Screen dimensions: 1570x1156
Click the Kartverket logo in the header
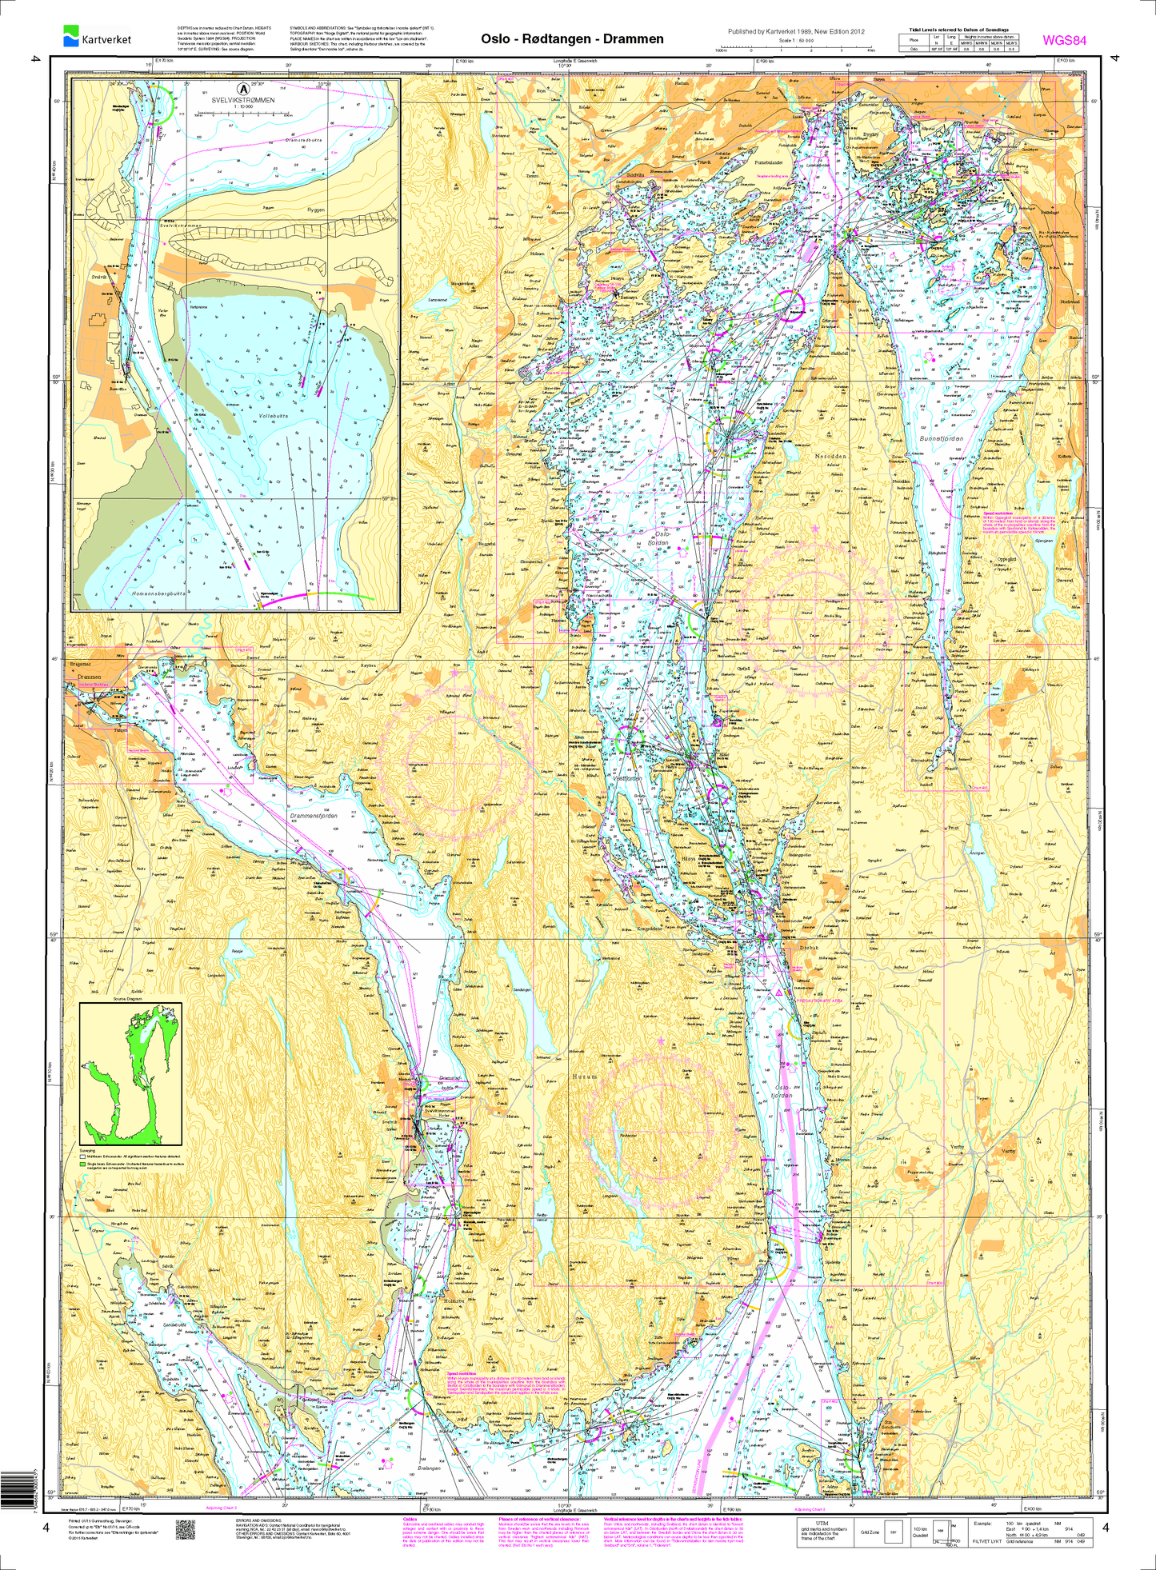coord(97,37)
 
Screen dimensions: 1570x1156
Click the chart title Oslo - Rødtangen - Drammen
coord(572,39)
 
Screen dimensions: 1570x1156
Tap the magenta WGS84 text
coord(1064,41)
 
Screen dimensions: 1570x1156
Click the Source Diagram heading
coord(127,999)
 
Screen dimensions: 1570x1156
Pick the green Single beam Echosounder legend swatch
coord(82,1165)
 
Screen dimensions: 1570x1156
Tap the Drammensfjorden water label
coord(314,817)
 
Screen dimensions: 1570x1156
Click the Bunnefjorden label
coord(942,439)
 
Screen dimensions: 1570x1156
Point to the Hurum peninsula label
coord(585,1077)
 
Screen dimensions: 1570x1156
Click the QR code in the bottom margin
coord(186,1528)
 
